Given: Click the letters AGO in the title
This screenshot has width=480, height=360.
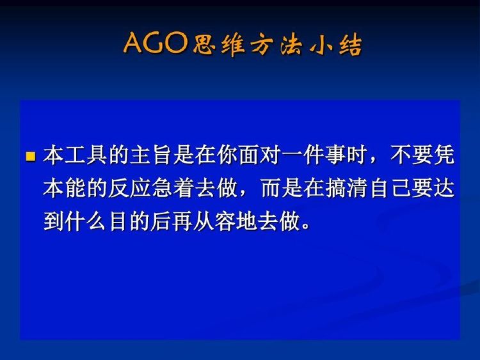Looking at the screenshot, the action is click(156, 43).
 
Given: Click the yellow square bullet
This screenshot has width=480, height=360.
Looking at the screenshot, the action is click(31, 156).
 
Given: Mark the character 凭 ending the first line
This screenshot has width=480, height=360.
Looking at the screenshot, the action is click(444, 155).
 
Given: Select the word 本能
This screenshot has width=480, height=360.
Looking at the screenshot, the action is click(64, 188).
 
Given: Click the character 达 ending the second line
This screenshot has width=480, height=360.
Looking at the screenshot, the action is click(444, 188).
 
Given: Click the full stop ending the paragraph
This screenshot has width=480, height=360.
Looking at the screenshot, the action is click(305, 226).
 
